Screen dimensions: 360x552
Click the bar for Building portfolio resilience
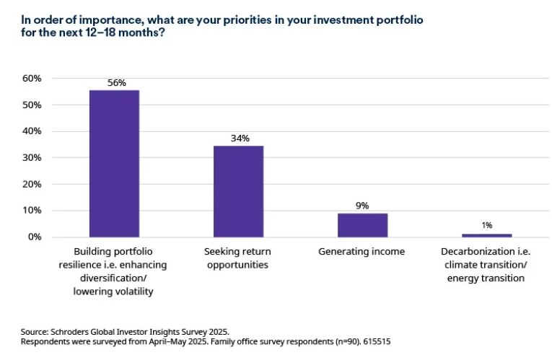[x=114, y=164]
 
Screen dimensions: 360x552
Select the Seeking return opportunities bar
[x=238, y=191]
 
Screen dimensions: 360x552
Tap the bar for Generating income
[x=362, y=224]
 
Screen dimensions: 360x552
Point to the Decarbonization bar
[x=486, y=235]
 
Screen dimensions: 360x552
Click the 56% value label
[x=115, y=83]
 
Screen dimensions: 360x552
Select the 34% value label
[x=239, y=139]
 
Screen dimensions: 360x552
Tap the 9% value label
[x=362, y=206]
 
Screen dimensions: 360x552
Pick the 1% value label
[x=487, y=226]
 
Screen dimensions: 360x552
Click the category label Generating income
[x=362, y=252]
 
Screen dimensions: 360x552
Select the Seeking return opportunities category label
[x=238, y=258]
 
